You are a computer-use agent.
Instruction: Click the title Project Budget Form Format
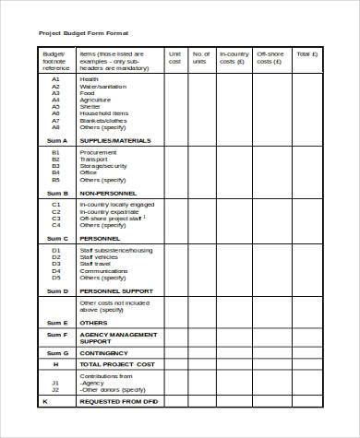(83, 33)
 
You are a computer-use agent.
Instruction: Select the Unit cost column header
(175, 58)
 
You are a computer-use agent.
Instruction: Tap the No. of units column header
(201, 58)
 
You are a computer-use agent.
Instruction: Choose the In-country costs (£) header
(234, 58)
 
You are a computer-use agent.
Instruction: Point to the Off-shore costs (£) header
(270, 58)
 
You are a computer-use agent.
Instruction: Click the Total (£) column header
(306, 54)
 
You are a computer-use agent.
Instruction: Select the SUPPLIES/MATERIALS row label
(115, 140)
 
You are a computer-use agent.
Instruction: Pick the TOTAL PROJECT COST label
(116, 364)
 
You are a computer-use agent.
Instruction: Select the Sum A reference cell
(55, 140)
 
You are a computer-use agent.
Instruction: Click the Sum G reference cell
(55, 352)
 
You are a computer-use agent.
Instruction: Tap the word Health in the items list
(89, 79)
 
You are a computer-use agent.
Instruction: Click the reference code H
(55, 364)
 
